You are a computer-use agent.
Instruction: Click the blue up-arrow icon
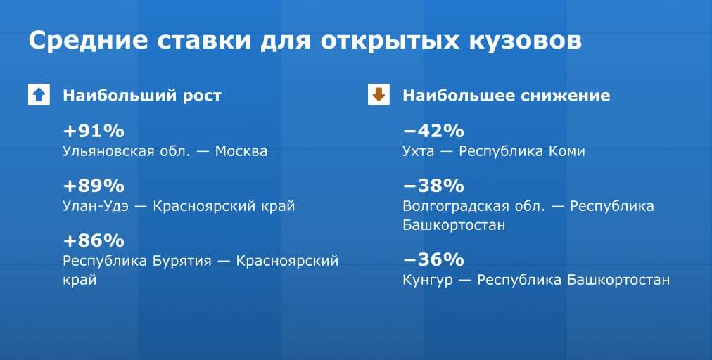click(x=39, y=95)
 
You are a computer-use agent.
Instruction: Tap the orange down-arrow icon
click(x=379, y=95)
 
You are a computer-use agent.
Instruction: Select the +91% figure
click(x=94, y=131)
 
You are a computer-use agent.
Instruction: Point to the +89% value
click(x=94, y=186)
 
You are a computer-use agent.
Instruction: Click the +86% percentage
click(x=94, y=240)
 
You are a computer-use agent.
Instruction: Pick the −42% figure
click(x=433, y=131)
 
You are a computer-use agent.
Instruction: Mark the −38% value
click(x=433, y=186)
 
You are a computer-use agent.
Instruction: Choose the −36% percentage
click(x=433, y=259)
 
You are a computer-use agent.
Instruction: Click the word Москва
click(x=241, y=151)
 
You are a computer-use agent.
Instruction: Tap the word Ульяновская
click(x=108, y=152)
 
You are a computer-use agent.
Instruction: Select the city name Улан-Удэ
click(x=96, y=206)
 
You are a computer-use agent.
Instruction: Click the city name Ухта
click(x=418, y=152)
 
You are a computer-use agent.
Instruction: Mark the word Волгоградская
click(x=456, y=207)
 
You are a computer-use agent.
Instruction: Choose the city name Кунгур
click(x=428, y=281)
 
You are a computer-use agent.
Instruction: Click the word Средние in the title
click(x=88, y=41)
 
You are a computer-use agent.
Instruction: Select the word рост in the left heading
click(x=202, y=96)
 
